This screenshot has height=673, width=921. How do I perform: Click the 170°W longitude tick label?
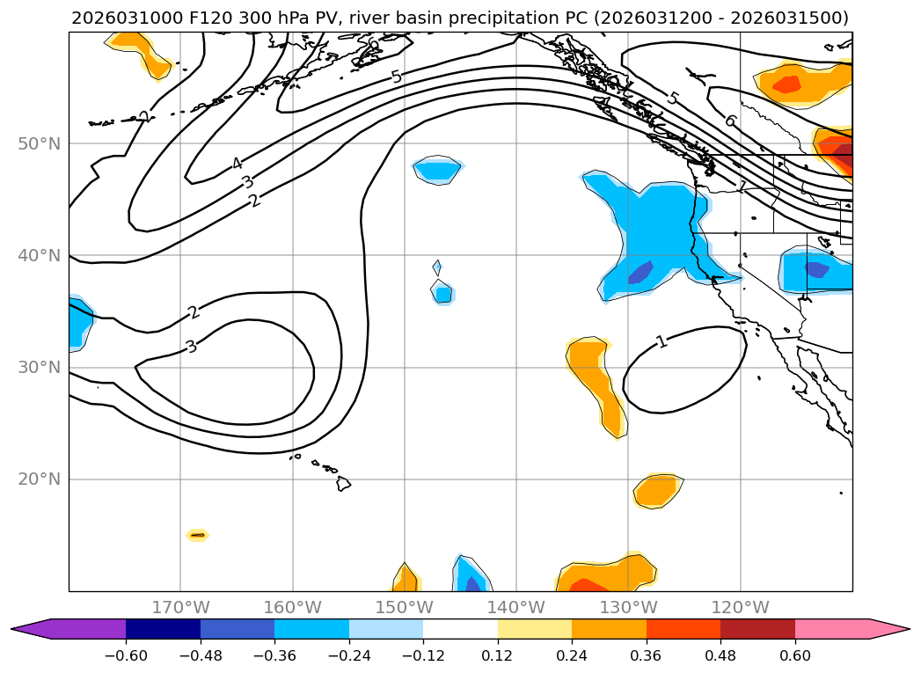(x=180, y=607)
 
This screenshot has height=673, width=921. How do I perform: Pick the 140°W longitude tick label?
(x=516, y=607)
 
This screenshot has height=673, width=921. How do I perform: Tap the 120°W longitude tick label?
(x=740, y=607)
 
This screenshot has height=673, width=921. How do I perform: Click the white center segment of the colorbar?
(x=460, y=628)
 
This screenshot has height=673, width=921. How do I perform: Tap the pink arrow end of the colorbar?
(x=888, y=628)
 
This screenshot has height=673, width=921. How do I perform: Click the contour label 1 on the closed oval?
(x=662, y=341)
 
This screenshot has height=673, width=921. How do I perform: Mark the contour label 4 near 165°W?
(x=237, y=164)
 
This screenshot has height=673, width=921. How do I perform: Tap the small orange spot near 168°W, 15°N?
(x=197, y=535)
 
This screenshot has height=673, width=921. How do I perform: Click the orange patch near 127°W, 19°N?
(x=658, y=490)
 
